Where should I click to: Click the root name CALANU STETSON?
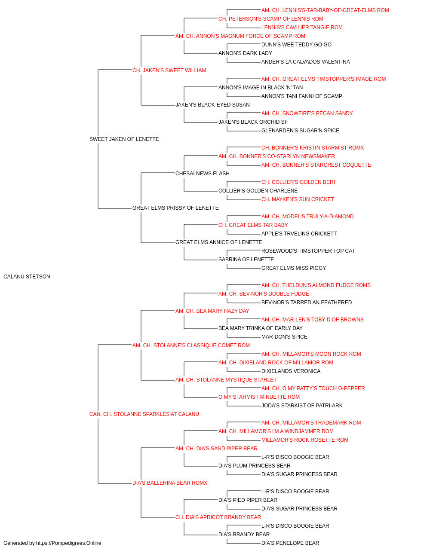coord(27,277)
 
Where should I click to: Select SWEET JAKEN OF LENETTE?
coord(124,139)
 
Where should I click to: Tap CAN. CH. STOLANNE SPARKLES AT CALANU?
coord(144,414)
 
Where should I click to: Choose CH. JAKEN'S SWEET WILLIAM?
coord(169,70)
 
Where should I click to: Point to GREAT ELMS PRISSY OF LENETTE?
coord(175,208)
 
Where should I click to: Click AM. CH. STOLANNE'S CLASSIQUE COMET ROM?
coord(191,345)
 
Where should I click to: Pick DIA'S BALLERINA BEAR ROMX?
coord(170,483)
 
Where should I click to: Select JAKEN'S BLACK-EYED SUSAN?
coord(212,105)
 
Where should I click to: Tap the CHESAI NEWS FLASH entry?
coord(203,174)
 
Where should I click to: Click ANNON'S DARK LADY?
coord(245,53)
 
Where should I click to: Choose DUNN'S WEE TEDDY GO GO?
coord(296,45)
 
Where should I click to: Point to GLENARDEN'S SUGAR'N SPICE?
coord(300,131)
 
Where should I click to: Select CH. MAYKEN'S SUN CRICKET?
coord(298,199)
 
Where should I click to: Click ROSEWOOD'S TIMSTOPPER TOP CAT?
coord(308,251)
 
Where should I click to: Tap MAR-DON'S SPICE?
coord(284,337)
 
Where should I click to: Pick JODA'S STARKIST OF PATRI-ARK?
coord(302,406)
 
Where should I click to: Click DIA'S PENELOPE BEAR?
coord(290,543)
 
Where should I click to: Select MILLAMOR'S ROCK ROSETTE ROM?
coord(304,440)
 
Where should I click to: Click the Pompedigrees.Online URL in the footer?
coord(69,543)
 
